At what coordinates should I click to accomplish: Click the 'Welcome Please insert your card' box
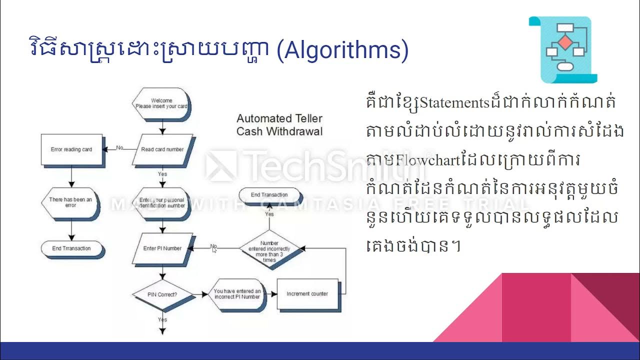coord(161,103)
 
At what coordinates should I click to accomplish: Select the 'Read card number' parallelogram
coord(162,149)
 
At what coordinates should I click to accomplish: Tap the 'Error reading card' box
coord(71,149)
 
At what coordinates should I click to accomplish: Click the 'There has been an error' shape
coord(70,202)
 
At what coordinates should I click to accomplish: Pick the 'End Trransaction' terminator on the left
coord(71,248)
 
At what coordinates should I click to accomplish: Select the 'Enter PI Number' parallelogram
coord(162,248)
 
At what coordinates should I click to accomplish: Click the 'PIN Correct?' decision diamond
coord(162,294)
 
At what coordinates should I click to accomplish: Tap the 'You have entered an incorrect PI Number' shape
coord(236,294)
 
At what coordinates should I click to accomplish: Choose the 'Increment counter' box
coord(307,293)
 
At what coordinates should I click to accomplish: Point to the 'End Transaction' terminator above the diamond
coord(269,194)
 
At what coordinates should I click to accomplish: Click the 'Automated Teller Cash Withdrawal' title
coord(279,125)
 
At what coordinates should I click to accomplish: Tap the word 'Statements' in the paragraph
coord(453,103)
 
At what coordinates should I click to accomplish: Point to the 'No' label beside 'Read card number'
coord(119,147)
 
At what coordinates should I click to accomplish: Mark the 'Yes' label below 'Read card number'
coord(162,174)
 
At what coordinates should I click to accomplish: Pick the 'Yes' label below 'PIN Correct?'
coord(162,319)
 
